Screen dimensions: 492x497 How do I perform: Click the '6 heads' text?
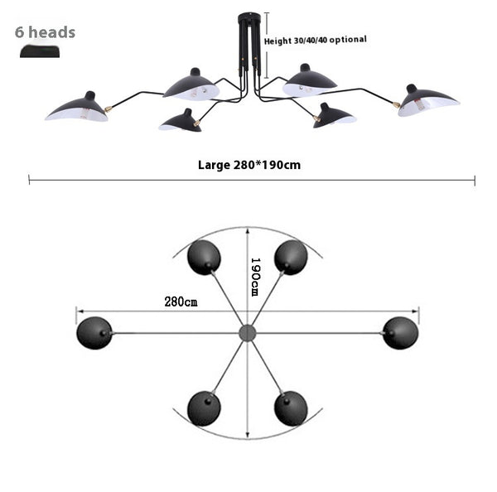tap(45, 32)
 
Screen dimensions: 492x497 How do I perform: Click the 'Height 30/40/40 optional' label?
tap(315, 40)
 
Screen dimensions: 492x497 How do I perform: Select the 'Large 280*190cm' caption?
tap(248, 164)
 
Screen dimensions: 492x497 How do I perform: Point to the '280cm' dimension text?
tap(181, 301)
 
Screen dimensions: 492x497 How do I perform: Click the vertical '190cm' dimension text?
tap(255, 276)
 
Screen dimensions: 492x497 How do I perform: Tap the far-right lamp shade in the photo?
tap(428, 101)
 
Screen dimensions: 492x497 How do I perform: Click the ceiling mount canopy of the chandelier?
tap(248, 18)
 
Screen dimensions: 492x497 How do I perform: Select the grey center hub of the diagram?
tap(247, 333)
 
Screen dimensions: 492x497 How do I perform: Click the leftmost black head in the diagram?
tap(94, 333)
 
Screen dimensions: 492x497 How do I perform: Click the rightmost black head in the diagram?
tap(400, 333)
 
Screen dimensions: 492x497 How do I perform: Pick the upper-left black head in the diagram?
tap(204, 258)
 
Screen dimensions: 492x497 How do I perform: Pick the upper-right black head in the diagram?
tap(291, 258)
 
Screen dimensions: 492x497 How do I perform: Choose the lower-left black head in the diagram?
tap(204, 408)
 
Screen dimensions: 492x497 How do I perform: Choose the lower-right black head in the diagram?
tap(291, 408)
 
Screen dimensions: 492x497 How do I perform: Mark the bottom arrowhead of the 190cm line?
tap(247, 436)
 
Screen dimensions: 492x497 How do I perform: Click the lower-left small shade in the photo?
tap(181, 121)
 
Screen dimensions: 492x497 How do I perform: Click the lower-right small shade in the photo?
tap(335, 116)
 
